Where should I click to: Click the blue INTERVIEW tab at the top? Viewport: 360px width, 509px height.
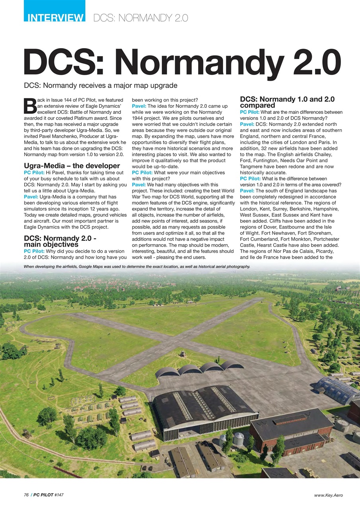pos(54,17)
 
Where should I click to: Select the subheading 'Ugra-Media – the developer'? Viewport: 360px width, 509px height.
pos(72,165)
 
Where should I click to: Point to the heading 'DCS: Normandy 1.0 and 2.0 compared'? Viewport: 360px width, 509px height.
pos(287,102)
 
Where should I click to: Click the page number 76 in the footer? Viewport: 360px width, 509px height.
pos(26,495)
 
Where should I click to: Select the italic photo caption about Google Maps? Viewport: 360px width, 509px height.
pos(137,266)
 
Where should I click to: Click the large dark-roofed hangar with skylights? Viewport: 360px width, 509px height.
pos(203,405)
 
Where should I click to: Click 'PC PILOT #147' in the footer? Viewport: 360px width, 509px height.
pos(49,495)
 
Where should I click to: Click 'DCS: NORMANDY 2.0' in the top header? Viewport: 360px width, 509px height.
pos(140,18)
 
